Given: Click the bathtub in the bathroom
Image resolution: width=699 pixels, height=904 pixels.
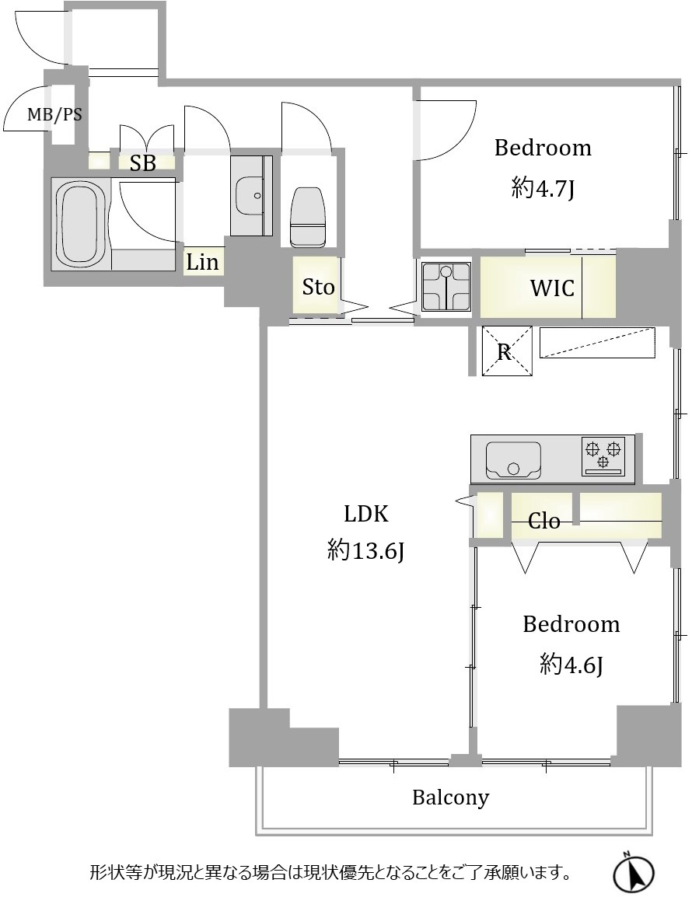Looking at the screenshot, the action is (x=80, y=223).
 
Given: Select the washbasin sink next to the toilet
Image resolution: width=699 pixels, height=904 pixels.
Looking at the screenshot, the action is (x=251, y=195).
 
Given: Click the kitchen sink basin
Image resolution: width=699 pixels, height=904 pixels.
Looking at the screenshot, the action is (x=513, y=460).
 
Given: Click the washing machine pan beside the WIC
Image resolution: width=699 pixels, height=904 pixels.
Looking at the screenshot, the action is (x=446, y=287).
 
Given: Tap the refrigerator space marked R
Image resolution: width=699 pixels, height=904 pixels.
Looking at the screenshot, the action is (x=506, y=351).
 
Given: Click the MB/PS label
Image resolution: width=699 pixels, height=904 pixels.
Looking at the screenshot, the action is (x=54, y=115).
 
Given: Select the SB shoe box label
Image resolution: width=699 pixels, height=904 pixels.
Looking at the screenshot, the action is (x=142, y=164).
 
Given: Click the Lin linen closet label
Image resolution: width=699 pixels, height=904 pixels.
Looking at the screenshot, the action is (x=202, y=262).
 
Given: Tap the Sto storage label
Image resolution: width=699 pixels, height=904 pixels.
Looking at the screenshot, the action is (x=318, y=287).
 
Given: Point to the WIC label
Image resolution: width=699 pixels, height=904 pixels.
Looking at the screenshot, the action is (x=552, y=288).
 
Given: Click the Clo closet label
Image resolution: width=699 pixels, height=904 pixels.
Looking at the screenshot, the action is (x=543, y=522).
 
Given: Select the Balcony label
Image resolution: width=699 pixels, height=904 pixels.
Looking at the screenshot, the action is (x=450, y=798).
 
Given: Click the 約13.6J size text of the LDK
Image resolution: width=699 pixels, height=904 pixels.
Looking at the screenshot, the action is (x=365, y=551).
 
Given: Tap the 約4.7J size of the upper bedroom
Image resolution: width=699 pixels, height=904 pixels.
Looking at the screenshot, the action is (x=543, y=188).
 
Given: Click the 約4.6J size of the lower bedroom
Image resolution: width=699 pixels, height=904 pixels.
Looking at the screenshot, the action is (x=571, y=665).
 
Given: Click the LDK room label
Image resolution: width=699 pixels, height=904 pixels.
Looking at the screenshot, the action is (x=365, y=514).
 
